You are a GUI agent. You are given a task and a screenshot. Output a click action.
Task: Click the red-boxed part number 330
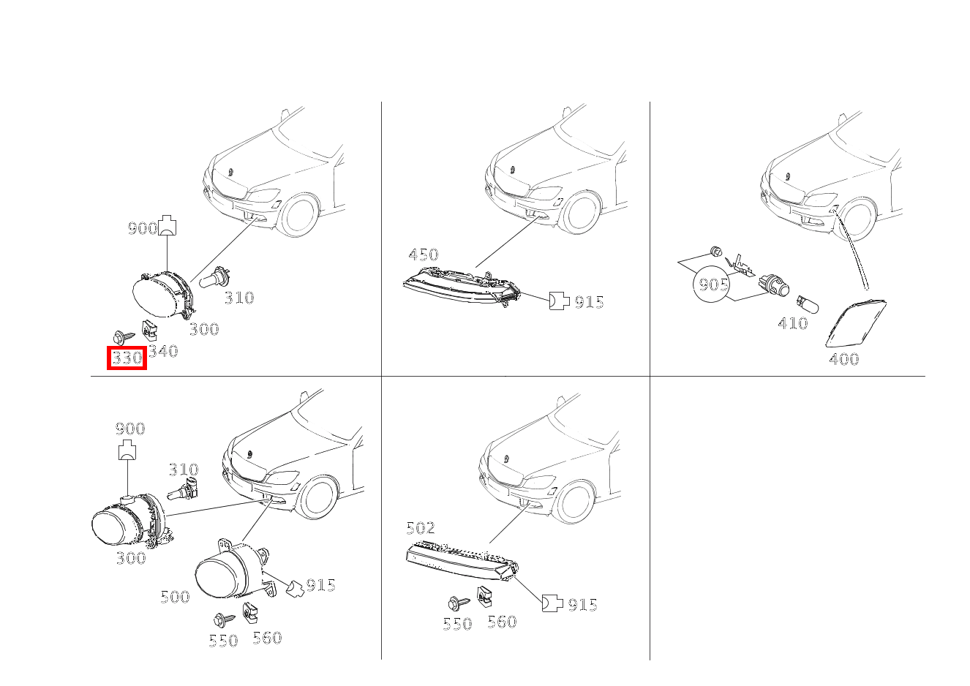pos(127,358)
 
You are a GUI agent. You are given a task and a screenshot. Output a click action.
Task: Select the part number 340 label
pos(163,351)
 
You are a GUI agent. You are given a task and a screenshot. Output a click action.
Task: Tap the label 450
pos(424,255)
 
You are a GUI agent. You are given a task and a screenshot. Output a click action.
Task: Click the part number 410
pos(793,323)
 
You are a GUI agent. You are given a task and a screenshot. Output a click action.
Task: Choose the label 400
pos(844,359)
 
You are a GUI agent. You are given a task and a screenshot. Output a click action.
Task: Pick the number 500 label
pos(175,598)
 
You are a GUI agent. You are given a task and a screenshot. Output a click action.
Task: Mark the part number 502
pos(421,528)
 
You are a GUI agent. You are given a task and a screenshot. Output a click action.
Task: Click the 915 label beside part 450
pos(590,302)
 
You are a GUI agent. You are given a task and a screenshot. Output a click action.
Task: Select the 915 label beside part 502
pos(583,605)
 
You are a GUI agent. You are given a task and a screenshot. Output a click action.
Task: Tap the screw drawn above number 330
pos(124,336)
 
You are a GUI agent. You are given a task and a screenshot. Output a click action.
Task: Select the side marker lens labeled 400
pos(855,323)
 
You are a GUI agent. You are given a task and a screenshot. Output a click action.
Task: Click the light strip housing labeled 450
pos(462,287)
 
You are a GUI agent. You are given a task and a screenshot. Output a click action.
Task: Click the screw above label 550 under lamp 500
pos(224,619)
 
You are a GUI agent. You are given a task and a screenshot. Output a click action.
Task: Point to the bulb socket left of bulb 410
pos(773,286)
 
